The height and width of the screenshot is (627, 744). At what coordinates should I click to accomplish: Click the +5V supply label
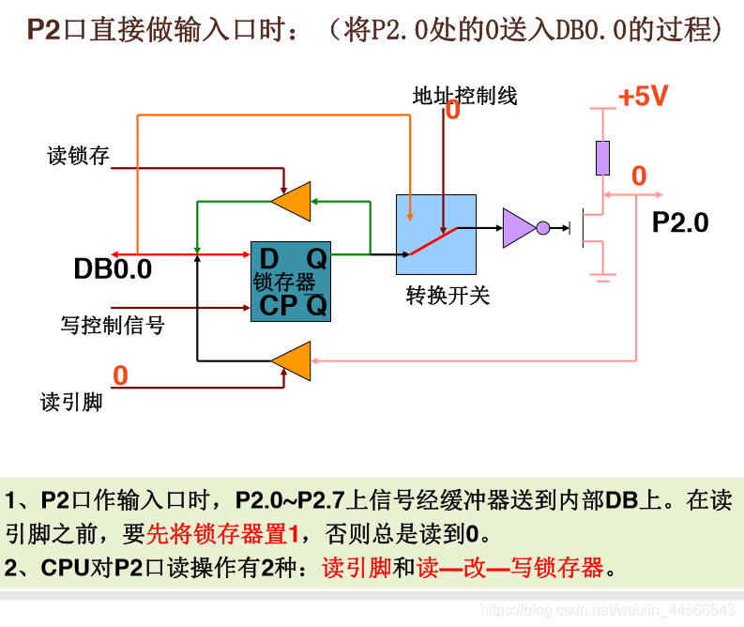click(643, 97)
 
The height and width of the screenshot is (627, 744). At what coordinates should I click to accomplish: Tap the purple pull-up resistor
click(602, 158)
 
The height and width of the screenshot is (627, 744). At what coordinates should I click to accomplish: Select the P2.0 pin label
click(680, 222)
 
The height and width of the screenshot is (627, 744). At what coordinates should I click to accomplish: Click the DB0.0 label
click(113, 269)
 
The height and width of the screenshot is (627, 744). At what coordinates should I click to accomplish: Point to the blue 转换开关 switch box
click(435, 235)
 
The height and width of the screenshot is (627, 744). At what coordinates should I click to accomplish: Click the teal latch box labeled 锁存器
click(291, 282)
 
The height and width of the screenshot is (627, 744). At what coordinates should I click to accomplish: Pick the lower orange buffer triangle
click(294, 360)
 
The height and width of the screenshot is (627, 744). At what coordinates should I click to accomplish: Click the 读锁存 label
click(79, 156)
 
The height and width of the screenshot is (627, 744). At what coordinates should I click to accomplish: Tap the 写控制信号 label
click(113, 326)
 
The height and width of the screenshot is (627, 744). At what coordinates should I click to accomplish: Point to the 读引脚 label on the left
click(71, 402)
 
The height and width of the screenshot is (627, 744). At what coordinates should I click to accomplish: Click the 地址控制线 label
click(464, 96)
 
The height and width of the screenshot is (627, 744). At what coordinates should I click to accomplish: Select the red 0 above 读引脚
click(120, 375)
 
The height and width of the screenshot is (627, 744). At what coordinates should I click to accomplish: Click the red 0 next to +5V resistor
click(639, 176)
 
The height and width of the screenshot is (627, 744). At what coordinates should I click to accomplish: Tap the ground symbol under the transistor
click(602, 276)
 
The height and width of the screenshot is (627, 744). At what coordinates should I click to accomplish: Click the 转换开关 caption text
click(448, 296)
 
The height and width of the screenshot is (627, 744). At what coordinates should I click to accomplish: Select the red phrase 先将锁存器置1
click(222, 534)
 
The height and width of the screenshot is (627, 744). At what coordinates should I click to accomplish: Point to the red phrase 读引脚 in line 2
click(356, 568)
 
